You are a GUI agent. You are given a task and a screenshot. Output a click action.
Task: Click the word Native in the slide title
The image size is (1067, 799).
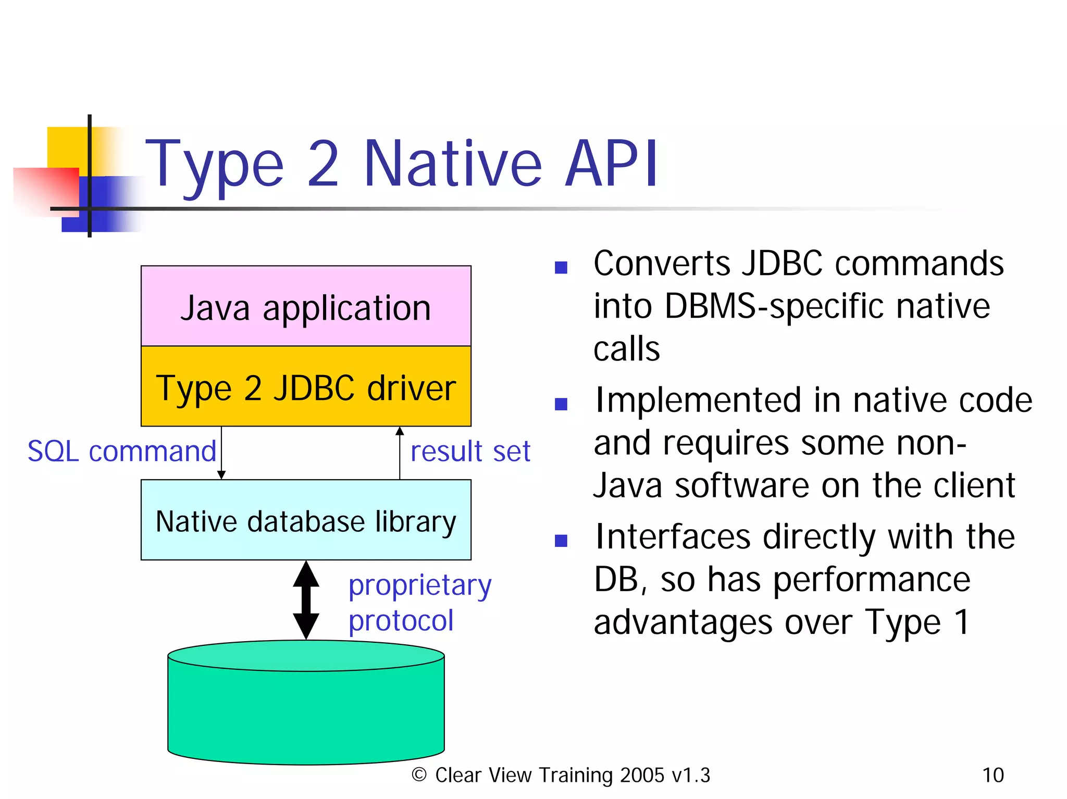[x=453, y=164]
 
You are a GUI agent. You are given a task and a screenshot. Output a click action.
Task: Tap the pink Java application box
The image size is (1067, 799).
[x=306, y=307]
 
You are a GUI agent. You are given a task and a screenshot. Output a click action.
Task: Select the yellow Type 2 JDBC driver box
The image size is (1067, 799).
[x=306, y=387]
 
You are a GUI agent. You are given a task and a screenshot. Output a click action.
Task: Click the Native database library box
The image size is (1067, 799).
[x=306, y=520]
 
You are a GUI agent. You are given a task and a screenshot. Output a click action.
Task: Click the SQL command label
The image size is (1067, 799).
[x=122, y=451]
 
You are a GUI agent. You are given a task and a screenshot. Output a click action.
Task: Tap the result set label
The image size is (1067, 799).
[x=470, y=451]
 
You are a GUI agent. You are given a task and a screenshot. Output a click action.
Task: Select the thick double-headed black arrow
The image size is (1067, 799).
[x=306, y=600]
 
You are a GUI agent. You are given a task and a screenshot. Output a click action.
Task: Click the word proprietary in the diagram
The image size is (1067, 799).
[x=420, y=585]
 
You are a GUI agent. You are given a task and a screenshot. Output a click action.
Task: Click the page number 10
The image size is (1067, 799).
[x=992, y=775]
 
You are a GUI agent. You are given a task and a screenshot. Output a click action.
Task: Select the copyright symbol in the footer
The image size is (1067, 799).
[x=419, y=775]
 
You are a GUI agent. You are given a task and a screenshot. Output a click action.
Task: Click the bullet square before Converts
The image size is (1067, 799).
[x=561, y=268]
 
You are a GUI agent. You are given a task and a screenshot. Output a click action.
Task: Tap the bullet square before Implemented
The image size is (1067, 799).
[x=561, y=404]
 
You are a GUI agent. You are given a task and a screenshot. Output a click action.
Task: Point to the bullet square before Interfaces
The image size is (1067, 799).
[x=561, y=541]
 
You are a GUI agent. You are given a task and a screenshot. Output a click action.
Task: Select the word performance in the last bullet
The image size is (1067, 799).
[x=871, y=579]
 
